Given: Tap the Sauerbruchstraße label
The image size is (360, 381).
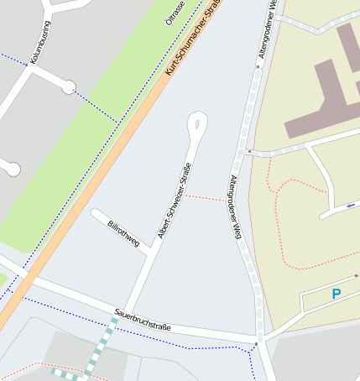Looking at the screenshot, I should pyautogui.click(x=143, y=320).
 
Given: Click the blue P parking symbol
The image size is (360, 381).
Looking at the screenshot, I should pyautogui.click(x=337, y=295).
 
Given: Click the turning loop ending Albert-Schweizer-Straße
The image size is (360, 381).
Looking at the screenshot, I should pyautogui.click(x=197, y=123).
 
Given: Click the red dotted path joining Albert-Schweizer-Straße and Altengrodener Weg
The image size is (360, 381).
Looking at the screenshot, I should pyautogui.click(x=205, y=198).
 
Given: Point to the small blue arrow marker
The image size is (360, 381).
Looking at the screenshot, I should pyautogui.click(x=349, y=205).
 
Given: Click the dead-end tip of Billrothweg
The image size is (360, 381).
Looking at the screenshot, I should pyautogui.click(x=95, y=213).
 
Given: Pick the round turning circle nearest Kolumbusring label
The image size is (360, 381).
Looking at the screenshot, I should pyautogui.click(x=69, y=86).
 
